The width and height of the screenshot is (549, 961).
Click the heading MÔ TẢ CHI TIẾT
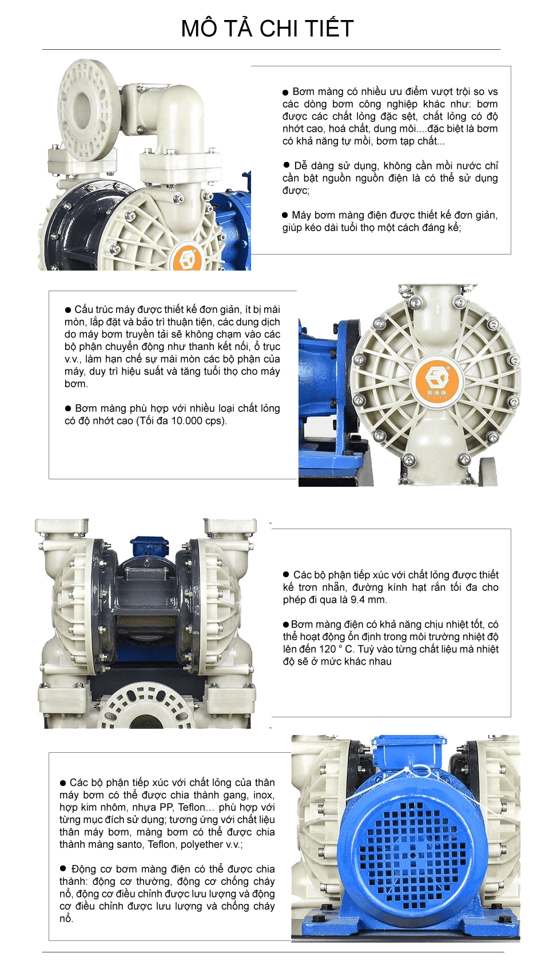[267, 29]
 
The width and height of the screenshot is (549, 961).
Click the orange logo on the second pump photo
[437, 380]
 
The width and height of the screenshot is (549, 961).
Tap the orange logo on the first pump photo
[187, 259]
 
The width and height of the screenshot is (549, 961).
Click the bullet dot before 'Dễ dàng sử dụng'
[287, 165]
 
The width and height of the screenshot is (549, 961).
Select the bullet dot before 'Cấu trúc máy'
[68, 309]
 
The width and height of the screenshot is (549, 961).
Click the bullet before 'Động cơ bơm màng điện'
[63, 869]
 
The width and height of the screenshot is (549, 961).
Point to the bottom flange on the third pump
[146, 709]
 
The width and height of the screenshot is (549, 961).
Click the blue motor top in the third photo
[150, 547]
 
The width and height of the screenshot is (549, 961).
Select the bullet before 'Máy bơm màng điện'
[285, 215]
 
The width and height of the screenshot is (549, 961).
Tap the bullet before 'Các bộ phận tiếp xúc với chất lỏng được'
[286, 574]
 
